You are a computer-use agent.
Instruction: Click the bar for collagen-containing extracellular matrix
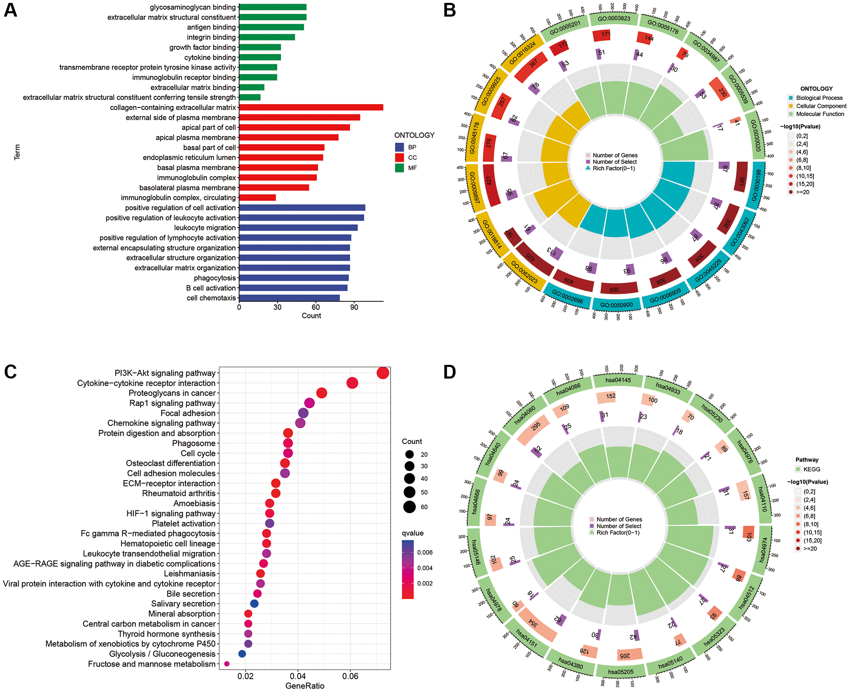(311, 107)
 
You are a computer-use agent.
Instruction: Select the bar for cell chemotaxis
(289, 298)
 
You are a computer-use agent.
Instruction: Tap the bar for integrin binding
(267, 37)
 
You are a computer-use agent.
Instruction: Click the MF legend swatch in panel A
(399, 168)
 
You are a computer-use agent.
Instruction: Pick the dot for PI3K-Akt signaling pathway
(383, 373)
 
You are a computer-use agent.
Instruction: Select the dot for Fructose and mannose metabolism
(227, 664)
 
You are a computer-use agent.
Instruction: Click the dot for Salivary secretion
(255, 604)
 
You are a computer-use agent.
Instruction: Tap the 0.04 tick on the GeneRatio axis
(298, 676)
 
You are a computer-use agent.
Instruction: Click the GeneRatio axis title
(305, 686)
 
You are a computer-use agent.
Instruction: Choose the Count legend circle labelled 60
(410, 507)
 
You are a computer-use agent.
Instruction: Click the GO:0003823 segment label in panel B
(614, 19)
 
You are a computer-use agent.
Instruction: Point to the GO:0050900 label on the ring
(617, 305)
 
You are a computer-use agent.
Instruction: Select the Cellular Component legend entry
(821, 106)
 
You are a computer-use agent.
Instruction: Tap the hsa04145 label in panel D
(618, 380)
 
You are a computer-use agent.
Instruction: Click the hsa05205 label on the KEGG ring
(621, 672)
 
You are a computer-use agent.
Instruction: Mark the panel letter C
(10, 372)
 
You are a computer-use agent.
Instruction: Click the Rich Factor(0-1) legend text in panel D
(618, 533)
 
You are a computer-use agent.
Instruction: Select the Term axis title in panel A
(17, 152)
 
